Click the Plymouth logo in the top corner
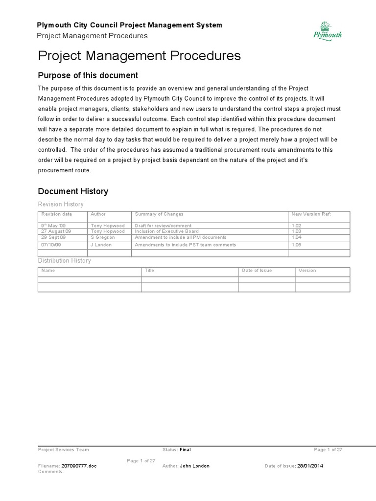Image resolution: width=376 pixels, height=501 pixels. click(327, 30)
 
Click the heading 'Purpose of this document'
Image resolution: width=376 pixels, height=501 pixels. click(88, 75)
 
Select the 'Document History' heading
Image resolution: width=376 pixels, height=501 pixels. click(73, 191)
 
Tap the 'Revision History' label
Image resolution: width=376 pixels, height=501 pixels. click(61, 204)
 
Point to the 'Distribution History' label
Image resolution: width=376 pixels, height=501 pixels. click(65, 261)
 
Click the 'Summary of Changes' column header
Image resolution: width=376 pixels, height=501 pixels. click(159, 214)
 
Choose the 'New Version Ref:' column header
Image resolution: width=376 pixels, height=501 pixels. click(310, 214)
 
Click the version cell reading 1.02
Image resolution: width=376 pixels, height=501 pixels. click(296, 225)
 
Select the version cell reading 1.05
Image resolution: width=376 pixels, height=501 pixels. click(297, 245)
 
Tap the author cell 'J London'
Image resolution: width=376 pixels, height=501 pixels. click(101, 245)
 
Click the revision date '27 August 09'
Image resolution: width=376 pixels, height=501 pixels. click(56, 231)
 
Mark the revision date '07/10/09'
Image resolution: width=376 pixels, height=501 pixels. click(51, 245)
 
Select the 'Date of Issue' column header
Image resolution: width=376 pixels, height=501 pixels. click(257, 271)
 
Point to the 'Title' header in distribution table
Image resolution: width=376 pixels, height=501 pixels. click(149, 271)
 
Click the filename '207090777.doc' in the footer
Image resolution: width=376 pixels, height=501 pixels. click(79, 466)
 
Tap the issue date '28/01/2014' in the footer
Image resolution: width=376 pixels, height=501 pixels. click(310, 466)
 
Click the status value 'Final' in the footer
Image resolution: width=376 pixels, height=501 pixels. click(185, 450)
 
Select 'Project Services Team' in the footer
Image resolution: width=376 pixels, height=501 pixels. click(64, 450)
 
